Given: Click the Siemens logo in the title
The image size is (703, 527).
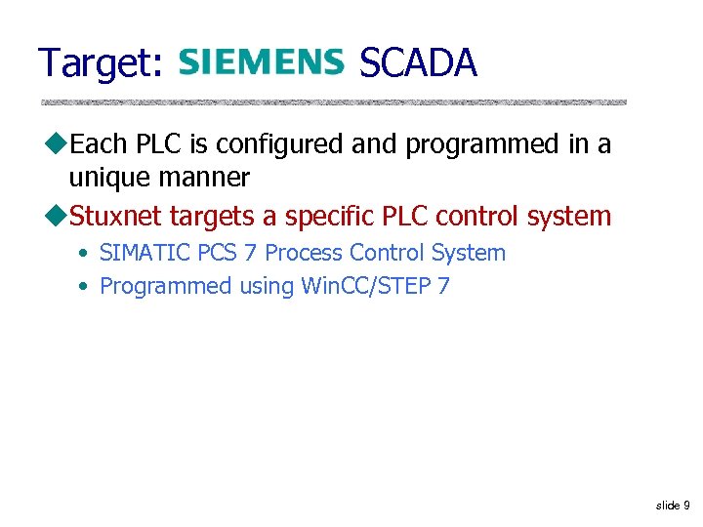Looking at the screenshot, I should tap(261, 63).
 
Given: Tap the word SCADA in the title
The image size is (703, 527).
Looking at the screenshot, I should tap(418, 63).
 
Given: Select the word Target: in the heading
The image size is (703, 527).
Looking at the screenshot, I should tap(101, 64).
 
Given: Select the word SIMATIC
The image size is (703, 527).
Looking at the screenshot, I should tap(145, 253).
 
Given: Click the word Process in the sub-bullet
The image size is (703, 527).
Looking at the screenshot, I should tap(304, 253).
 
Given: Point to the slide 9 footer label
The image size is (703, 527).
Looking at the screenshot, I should tap(673, 506).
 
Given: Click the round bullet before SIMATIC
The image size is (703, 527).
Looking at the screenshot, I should tap(86, 254).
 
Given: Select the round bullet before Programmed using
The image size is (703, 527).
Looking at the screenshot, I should tap(86, 287).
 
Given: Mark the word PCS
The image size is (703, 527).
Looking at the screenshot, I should tap(218, 253).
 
